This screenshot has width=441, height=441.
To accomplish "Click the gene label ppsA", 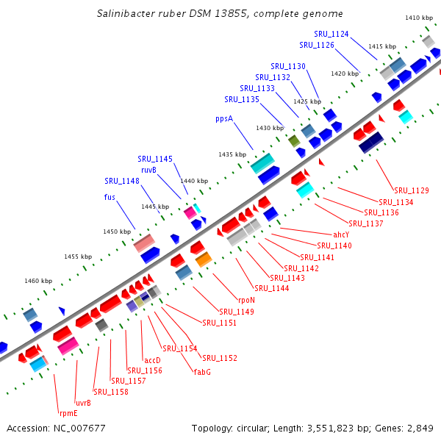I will point(223,118).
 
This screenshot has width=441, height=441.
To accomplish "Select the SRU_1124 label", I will point(331,34).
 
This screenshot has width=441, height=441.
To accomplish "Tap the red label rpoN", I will point(245,301).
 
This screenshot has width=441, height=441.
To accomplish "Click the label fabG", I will point(202,372).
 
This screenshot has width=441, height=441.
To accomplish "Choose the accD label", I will point(152,360).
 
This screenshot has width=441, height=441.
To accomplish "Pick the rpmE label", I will point(68,413).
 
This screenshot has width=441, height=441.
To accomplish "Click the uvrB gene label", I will point(83,403).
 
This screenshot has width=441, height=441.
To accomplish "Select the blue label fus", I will point(110,197).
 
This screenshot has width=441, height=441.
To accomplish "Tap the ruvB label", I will point(148,170).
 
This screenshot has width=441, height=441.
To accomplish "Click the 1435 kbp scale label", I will point(232,154).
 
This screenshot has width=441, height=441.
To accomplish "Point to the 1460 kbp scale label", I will point(38,281).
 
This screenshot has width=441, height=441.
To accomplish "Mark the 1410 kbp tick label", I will point(419,18).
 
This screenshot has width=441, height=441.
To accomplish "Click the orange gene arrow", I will point(204,259).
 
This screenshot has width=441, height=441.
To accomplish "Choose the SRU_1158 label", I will point(111,392).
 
